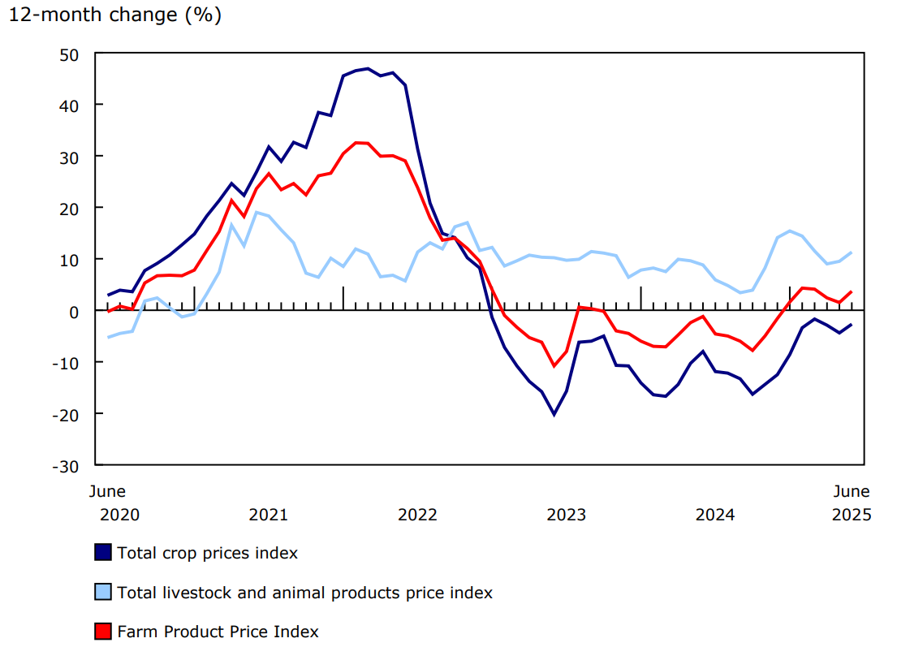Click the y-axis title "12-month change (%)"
click(x=114, y=15)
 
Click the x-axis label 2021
click(x=268, y=515)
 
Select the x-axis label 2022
click(x=417, y=515)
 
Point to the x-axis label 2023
click(x=566, y=515)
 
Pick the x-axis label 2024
click(x=715, y=515)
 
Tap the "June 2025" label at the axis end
click(x=852, y=503)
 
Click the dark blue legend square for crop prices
click(x=103, y=553)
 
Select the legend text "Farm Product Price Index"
click(x=218, y=632)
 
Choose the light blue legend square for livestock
click(x=103, y=593)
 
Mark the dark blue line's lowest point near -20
click(x=554, y=414)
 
